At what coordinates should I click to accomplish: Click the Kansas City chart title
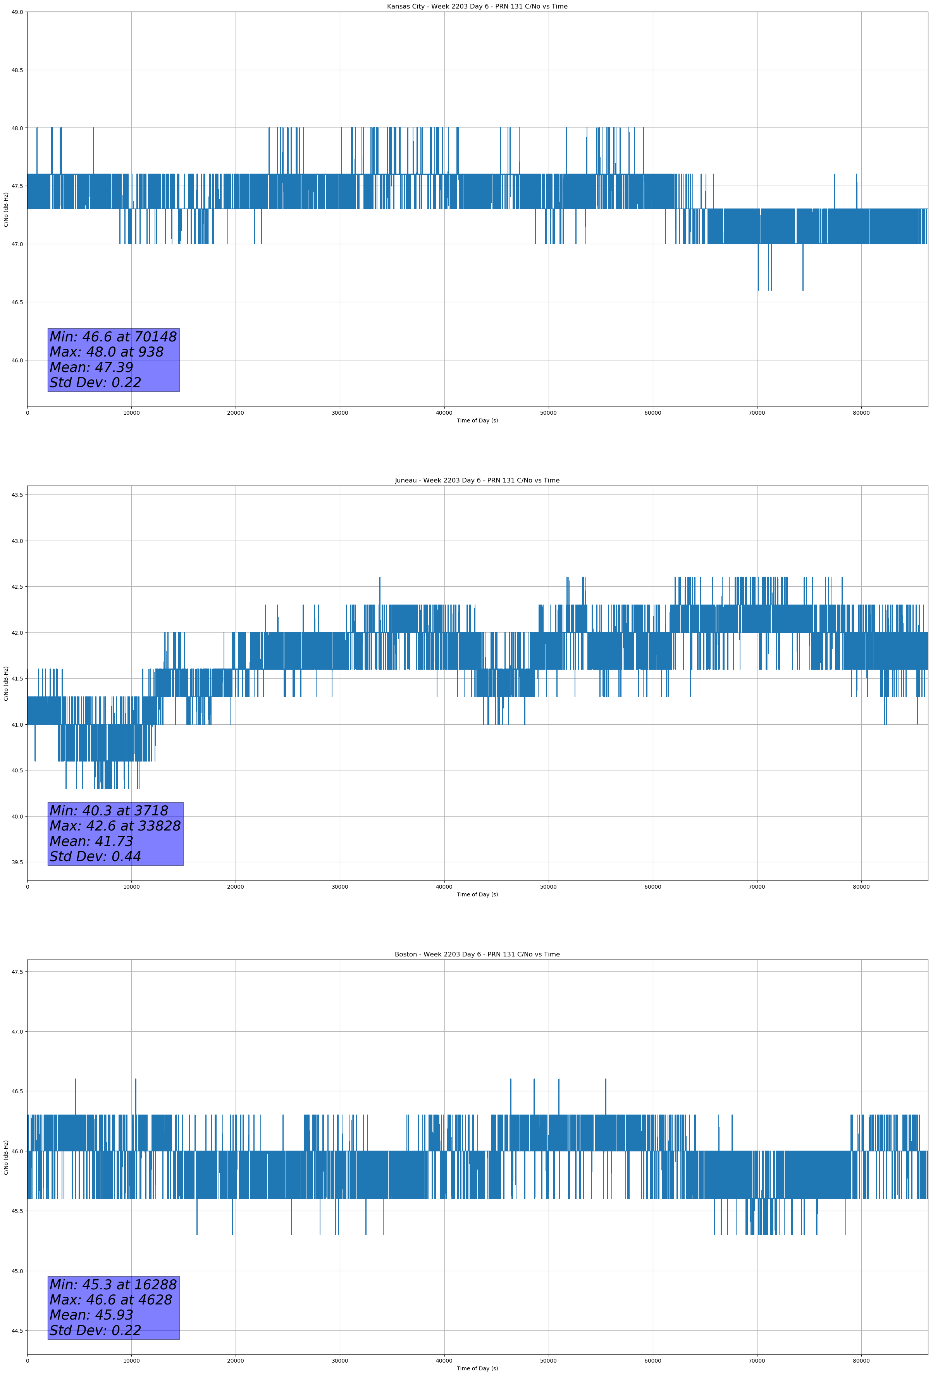click(x=477, y=7)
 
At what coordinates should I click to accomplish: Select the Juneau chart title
click(x=477, y=481)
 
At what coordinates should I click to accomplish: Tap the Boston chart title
click(x=477, y=955)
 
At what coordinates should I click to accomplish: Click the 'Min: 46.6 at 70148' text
click(x=113, y=337)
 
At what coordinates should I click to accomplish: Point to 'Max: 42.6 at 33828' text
click(x=115, y=825)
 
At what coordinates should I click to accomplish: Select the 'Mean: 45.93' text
click(x=91, y=1315)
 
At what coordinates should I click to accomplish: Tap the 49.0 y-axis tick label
click(x=17, y=12)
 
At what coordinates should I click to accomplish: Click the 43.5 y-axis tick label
click(x=17, y=495)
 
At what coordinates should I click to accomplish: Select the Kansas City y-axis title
click(x=6, y=209)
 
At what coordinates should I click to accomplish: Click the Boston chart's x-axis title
click(x=477, y=1368)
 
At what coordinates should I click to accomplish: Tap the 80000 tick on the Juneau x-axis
click(x=861, y=886)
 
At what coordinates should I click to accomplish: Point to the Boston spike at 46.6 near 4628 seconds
click(x=76, y=1079)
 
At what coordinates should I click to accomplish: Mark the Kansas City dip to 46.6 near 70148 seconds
click(x=758, y=289)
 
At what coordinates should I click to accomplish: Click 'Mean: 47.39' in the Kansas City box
click(x=91, y=367)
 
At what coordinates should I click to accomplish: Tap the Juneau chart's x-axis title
click(x=477, y=894)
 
